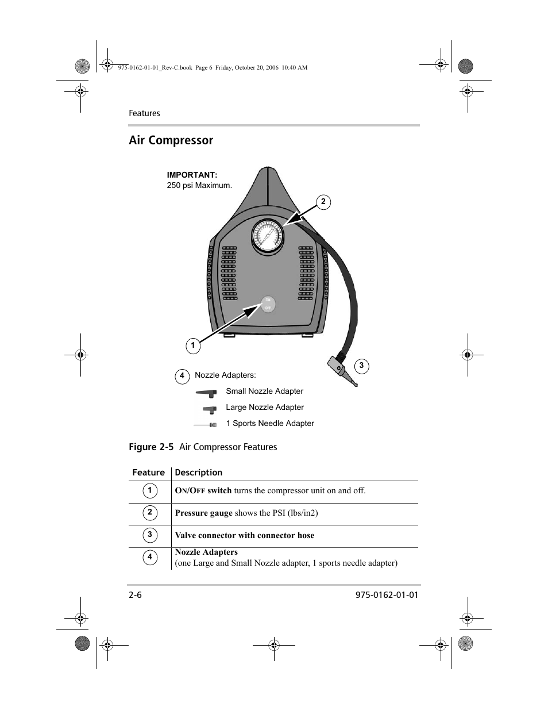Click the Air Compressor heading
tap(171, 140)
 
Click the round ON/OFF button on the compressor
tap(267, 304)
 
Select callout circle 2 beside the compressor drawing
tap(323, 202)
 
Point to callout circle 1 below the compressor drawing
tap(193, 346)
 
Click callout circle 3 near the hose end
tap(361, 366)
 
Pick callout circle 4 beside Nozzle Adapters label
tap(182, 377)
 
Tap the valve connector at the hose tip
tap(341, 370)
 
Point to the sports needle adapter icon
tap(206, 425)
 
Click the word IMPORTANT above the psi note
tap(192, 175)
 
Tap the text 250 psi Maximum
tap(199, 186)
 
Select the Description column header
tap(198, 473)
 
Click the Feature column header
tap(148, 473)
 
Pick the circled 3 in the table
tap(149, 535)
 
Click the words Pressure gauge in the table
tap(204, 513)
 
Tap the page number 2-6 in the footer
tap(135, 595)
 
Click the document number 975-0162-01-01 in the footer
tap(383, 595)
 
